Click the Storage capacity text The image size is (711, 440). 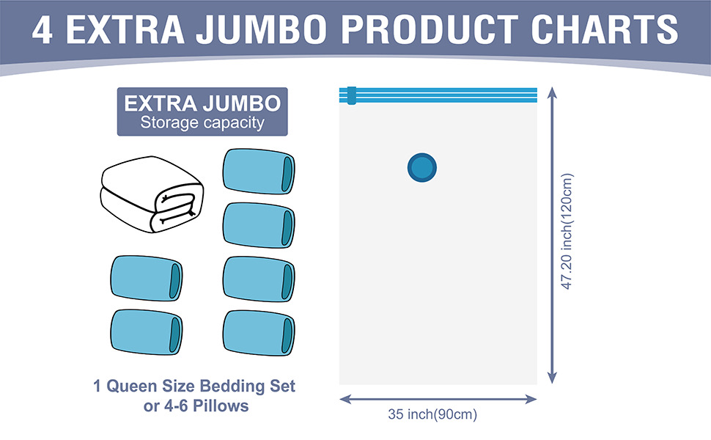tap(202, 123)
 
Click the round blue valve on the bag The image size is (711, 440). tap(422, 168)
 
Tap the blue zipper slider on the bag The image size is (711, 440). tap(351, 95)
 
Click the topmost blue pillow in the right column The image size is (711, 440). tap(259, 172)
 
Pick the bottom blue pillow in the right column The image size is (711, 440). tap(259, 333)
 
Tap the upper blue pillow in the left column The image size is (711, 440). tap(146, 279)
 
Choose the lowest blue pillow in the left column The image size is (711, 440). tap(146, 332)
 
